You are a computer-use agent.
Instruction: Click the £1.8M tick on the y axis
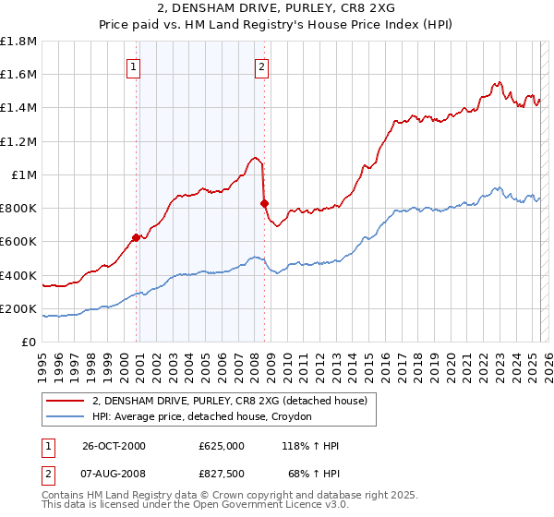pyautogui.click(x=18, y=42)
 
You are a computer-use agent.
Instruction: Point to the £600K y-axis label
pyautogui.click(x=18, y=242)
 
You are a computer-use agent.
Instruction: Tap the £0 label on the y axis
pyautogui.click(x=30, y=343)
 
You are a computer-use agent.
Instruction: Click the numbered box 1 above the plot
pyautogui.click(x=134, y=66)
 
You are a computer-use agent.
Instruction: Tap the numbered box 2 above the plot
pyautogui.click(x=262, y=66)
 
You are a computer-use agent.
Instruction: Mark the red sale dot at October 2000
pyautogui.click(x=137, y=237)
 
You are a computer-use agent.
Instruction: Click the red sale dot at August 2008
pyautogui.click(x=264, y=203)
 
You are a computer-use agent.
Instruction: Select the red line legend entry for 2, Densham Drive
pyautogui.click(x=230, y=401)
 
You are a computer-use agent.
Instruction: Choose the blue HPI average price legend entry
pyautogui.click(x=202, y=416)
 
